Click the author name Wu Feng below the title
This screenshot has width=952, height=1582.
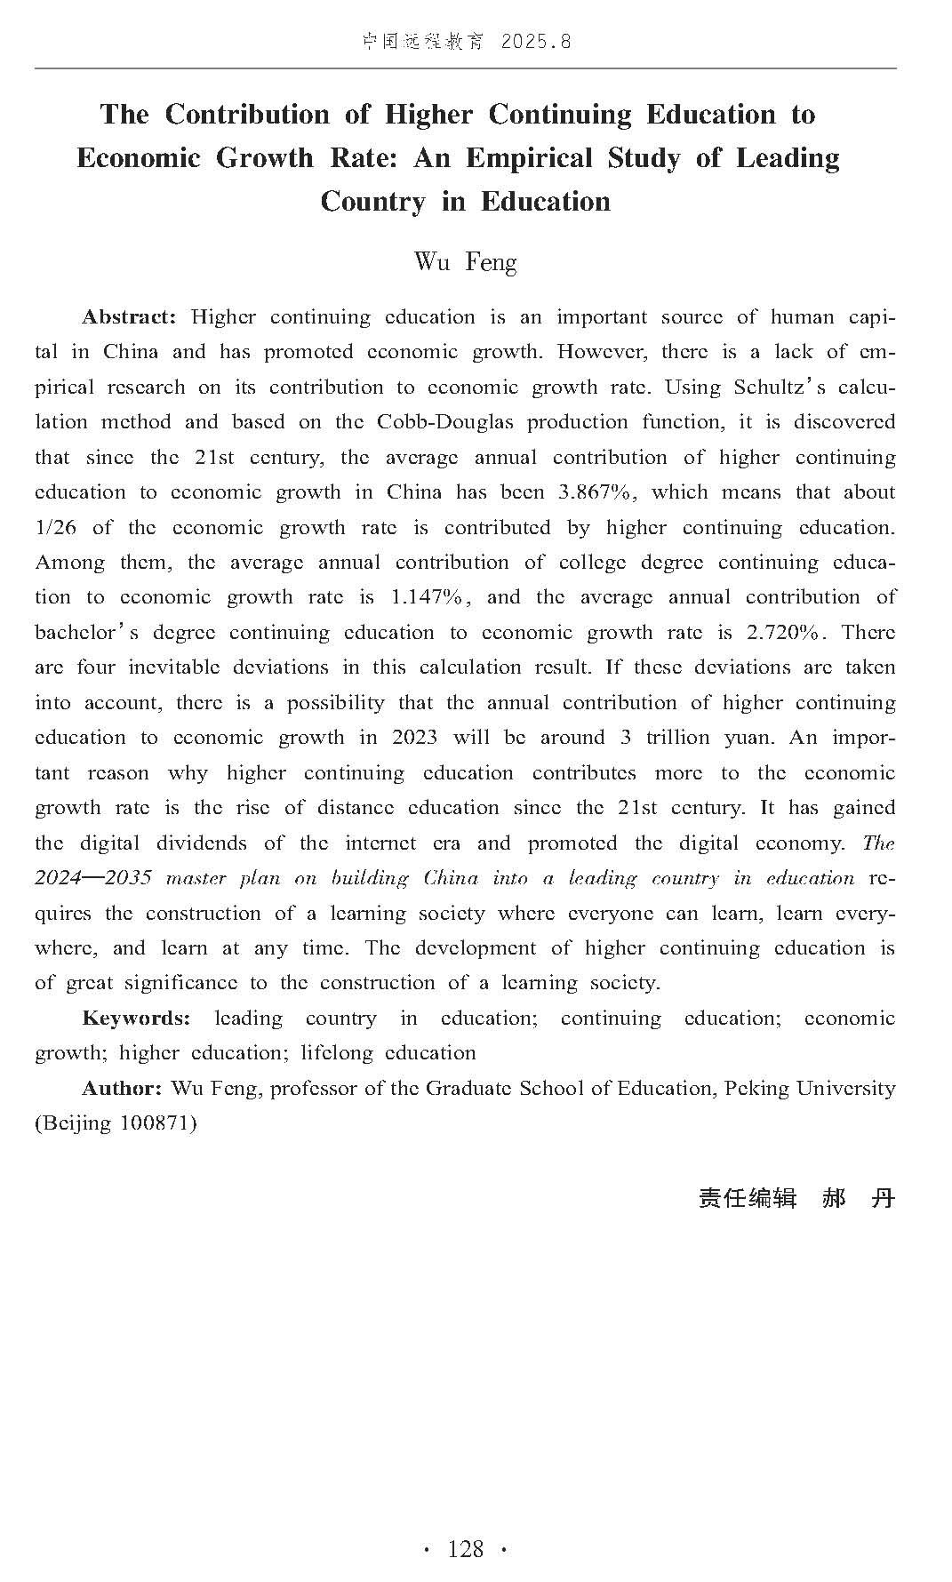tap(465, 262)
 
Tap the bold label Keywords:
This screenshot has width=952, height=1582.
tap(136, 1019)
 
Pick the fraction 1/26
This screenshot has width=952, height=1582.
tap(55, 528)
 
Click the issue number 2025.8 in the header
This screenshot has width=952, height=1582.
tap(536, 42)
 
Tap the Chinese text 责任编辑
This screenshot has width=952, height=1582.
tap(748, 1198)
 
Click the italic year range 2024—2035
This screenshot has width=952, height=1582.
tap(93, 878)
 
